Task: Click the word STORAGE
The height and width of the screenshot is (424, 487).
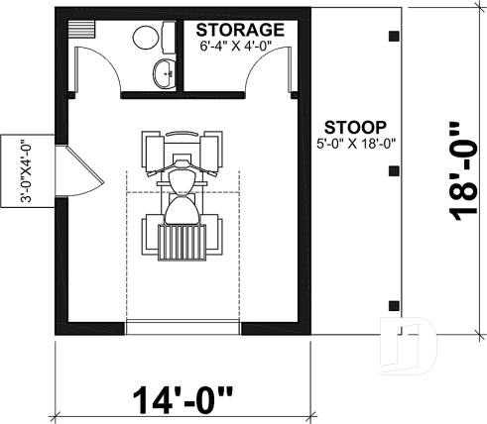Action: (x=239, y=29)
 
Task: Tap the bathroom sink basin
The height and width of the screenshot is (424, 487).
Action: (x=163, y=72)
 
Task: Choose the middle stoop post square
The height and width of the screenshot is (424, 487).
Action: (x=394, y=170)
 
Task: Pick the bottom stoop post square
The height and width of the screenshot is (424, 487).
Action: (x=394, y=303)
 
